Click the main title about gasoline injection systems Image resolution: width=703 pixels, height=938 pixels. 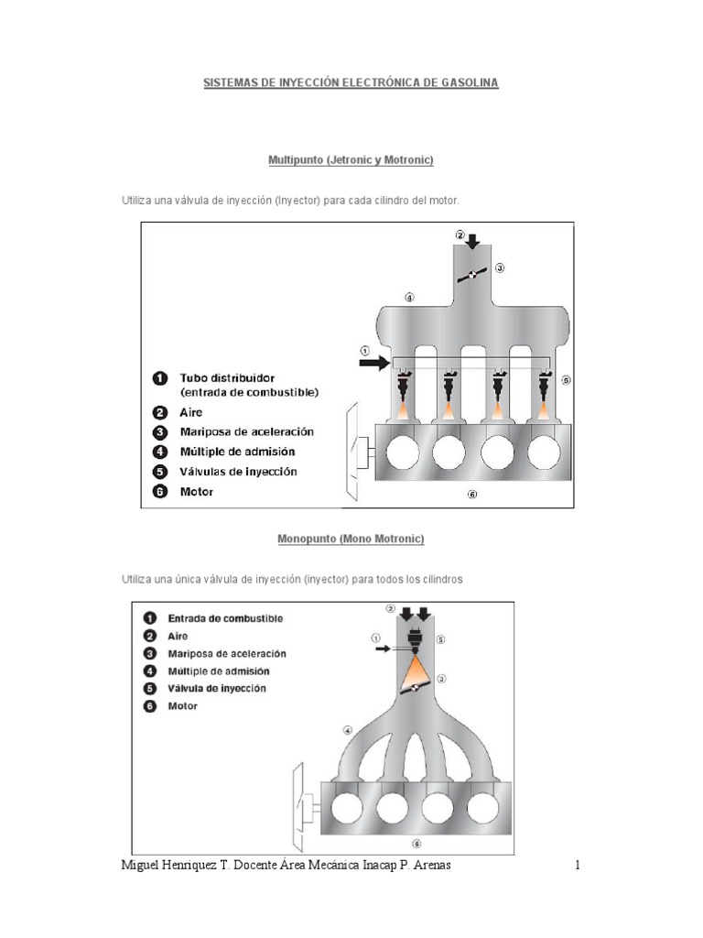point(351,83)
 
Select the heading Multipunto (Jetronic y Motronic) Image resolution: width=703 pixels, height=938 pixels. point(351,160)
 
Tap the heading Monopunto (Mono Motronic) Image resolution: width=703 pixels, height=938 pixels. point(351,540)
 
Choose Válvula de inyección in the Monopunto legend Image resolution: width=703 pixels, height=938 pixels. point(217,689)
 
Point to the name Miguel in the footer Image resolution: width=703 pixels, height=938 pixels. point(144,866)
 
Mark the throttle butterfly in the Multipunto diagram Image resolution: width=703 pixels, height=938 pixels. point(471,275)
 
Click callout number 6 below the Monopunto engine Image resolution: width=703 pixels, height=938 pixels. point(417,844)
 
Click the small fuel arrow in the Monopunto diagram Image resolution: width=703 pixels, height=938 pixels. point(382,649)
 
